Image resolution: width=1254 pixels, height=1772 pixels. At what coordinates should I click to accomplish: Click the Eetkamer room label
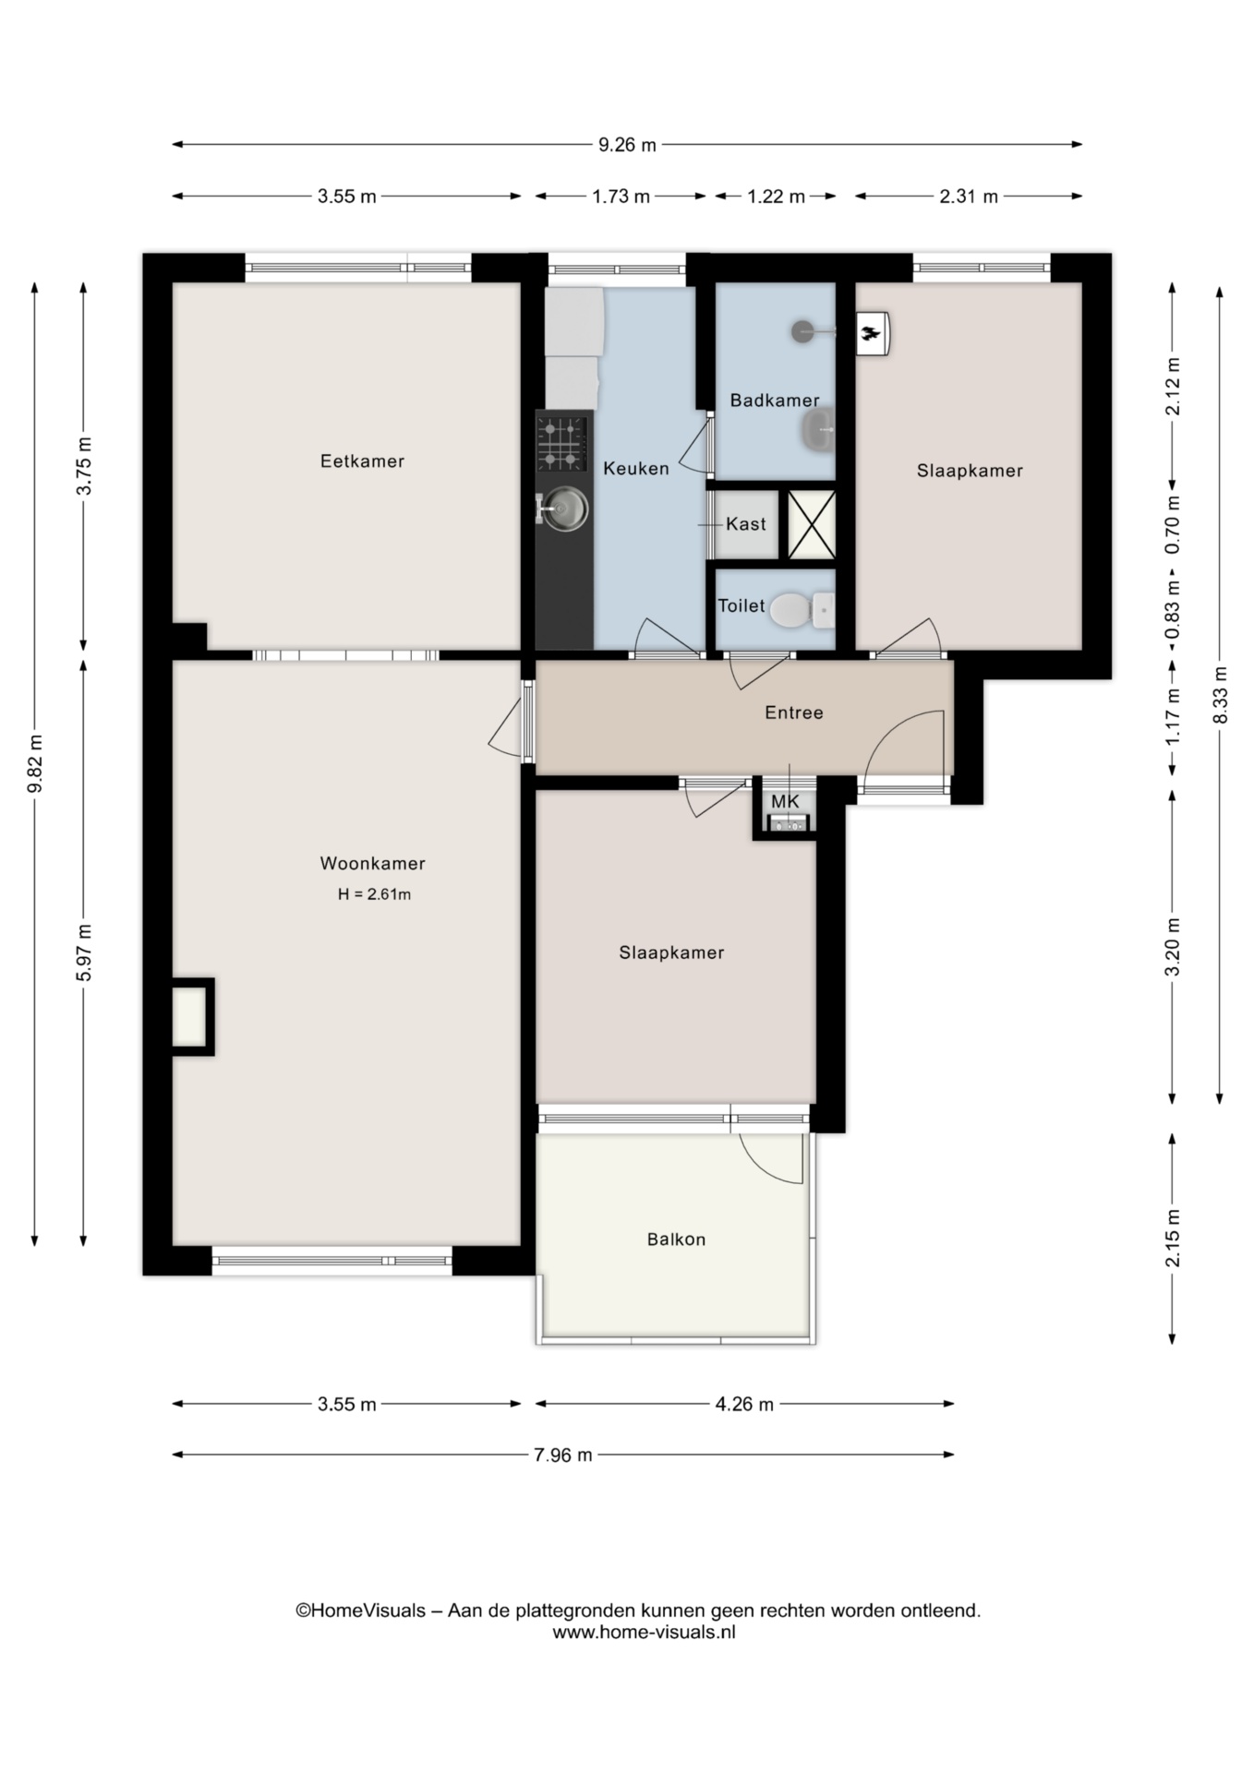click(362, 461)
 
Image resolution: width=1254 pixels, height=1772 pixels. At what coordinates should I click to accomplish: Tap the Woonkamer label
click(372, 864)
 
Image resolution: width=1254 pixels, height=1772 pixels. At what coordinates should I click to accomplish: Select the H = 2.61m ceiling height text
click(374, 894)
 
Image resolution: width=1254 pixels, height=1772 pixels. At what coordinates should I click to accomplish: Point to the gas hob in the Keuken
click(563, 443)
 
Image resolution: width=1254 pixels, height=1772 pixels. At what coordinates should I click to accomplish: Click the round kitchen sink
click(564, 508)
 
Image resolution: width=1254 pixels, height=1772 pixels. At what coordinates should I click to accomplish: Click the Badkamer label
click(775, 401)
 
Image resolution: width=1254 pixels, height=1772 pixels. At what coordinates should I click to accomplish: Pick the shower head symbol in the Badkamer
click(804, 330)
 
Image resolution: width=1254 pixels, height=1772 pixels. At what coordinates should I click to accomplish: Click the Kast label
click(746, 524)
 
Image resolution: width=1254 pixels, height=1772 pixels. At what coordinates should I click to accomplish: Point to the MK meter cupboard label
click(785, 802)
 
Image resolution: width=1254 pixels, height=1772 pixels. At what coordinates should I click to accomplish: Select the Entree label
click(794, 712)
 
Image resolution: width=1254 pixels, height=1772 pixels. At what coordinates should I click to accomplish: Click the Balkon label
click(676, 1239)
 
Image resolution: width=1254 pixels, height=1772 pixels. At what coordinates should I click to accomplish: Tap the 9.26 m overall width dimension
click(628, 144)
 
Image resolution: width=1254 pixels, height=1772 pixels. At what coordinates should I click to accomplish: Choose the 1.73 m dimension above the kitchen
click(621, 196)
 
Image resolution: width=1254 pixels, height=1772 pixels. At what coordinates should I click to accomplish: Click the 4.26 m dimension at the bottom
click(744, 1404)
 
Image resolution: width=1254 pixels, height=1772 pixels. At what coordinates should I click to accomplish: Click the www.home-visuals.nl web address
click(645, 1632)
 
